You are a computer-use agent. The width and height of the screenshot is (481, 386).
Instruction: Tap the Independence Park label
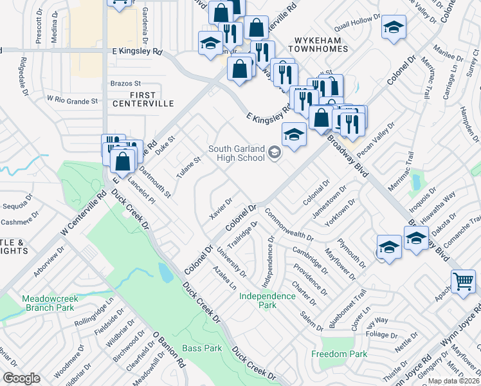[267, 300]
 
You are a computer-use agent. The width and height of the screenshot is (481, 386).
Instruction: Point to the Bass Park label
[202, 348]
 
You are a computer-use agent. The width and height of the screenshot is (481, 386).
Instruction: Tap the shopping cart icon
[463, 282]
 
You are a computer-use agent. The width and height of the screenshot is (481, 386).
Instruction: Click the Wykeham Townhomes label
[322, 44]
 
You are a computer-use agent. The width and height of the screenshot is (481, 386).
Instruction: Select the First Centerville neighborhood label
[143, 98]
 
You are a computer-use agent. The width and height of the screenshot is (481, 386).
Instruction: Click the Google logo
[21, 379]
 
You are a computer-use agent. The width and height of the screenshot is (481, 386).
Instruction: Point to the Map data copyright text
[453, 381]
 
